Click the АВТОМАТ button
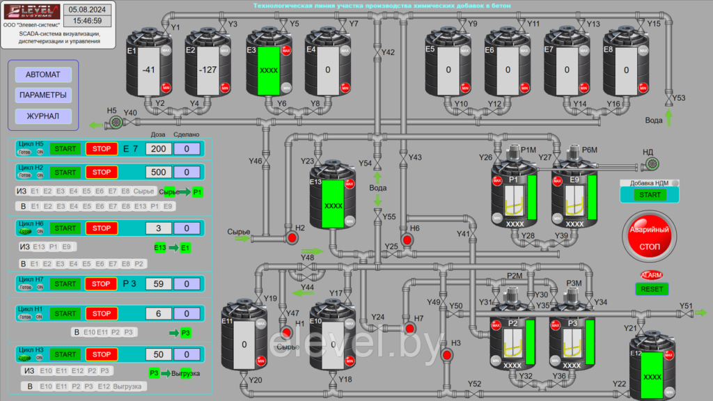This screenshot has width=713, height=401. (43, 74)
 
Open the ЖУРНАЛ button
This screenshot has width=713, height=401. (43, 116)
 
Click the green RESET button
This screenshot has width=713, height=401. (652, 289)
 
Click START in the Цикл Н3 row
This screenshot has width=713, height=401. (65, 355)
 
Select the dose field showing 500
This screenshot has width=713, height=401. (159, 172)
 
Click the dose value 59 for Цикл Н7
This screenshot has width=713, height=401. (159, 283)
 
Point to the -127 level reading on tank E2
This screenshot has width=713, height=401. (207, 70)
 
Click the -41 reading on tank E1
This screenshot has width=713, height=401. (148, 70)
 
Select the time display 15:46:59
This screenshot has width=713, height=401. (88, 21)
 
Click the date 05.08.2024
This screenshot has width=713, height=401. (88, 9)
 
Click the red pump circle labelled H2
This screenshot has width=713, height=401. (292, 238)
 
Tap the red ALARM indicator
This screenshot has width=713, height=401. (652, 275)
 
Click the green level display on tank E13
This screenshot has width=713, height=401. (334, 205)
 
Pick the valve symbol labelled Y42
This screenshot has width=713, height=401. (377, 53)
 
